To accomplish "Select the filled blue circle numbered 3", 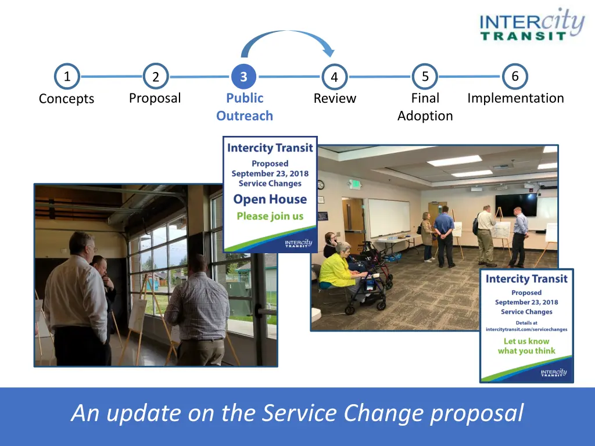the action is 243,77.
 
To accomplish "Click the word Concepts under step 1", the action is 66,99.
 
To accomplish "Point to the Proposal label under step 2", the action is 155,98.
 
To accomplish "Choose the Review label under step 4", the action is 335,98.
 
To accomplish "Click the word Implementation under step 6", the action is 515,98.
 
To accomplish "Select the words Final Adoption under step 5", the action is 425,107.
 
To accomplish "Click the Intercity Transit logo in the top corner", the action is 532,24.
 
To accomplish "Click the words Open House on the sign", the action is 270,199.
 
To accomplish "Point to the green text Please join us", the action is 270,216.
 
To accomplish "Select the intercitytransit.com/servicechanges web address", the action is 526,330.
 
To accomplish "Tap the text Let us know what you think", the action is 526,346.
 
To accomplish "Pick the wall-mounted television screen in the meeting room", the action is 516,205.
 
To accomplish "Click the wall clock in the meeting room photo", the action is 321,185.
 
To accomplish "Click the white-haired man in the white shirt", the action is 78,300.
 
